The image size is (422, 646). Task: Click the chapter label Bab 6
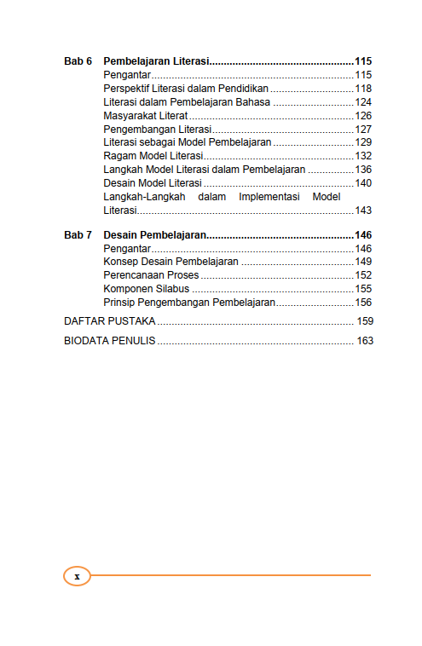coord(78,61)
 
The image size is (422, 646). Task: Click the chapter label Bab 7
coord(78,234)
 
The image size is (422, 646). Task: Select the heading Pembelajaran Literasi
coord(156,61)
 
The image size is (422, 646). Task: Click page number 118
coord(363,89)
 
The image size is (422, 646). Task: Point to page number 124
coord(363,102)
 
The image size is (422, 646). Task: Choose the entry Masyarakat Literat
coord(145,116)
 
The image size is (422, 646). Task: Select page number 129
coord(363,142)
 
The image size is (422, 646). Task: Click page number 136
coord(363,170)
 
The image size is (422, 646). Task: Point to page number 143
coord(363,211)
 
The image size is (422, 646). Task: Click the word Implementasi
coord(270,197)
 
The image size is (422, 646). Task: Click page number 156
coord(363,303)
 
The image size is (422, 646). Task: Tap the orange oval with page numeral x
coord(77,576)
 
